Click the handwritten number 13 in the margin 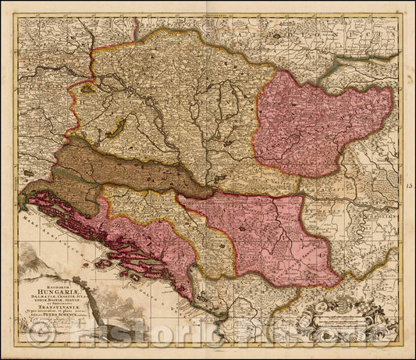(x=410, y=185)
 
